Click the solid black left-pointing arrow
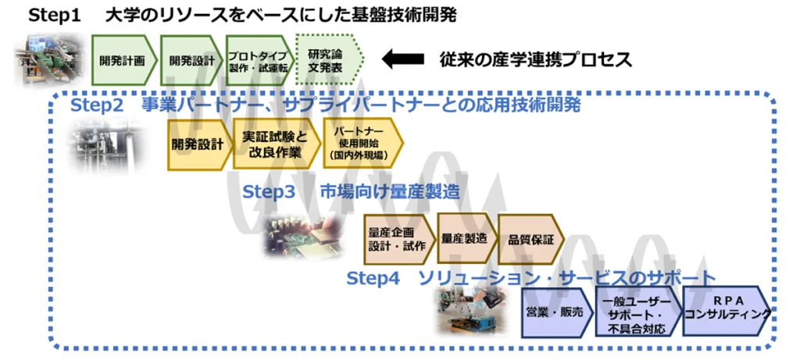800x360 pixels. coord(402,59)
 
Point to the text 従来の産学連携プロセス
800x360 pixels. coord(536,59)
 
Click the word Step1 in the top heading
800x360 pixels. coord(55,16)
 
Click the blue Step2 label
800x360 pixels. coord(97,105)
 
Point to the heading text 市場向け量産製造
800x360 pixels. coord(391,192)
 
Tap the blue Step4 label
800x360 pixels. coord(373,279)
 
